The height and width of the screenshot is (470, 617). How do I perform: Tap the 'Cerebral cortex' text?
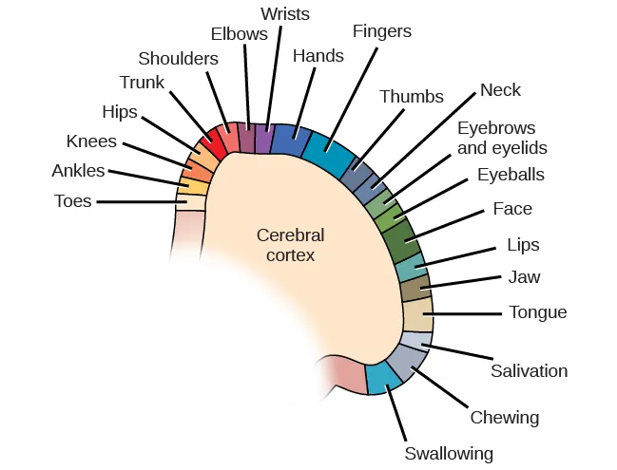pyautogui.click(x=291, y=245)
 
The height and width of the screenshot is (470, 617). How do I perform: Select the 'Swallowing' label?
pyautogui.click(x=449, y=453)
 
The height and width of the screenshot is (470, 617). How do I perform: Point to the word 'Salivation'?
pyautogui.click(x=529, y=370)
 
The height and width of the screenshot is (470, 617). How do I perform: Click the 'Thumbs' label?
pyautogui.click(x=411, y=97)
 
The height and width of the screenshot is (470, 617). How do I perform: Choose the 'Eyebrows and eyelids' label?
pyautogui.click(x=502, y=138)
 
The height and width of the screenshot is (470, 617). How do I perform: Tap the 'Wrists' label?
pyautogui.click(x=284, y=13)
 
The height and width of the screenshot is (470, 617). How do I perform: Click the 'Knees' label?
pyautogui.click(x=91, y=141)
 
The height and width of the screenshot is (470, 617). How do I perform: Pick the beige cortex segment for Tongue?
pyautogui.click(x=417, y=314)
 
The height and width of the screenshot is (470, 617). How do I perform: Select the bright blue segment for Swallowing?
pyautogui.click(x=383, y=377)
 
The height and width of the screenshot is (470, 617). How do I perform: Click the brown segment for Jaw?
pyautogui.click(x=415, y=288)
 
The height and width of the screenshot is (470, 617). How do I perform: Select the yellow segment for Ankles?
pyautogui.click(x=193, y=186)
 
